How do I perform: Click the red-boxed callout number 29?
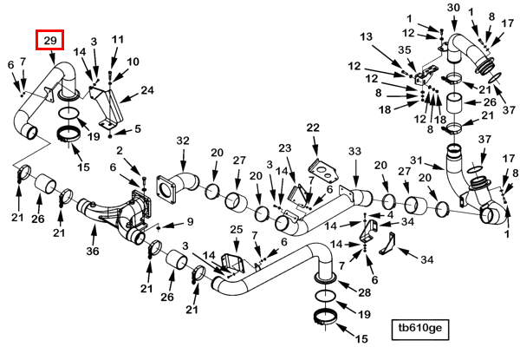pyautogui.click(x=50, y=41)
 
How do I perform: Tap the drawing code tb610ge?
pyautogui.click(x=420, y=328)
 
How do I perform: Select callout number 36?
pyautogui.click(x=93, y=251)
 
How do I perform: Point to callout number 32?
pyautogui.click(x=183, y=141)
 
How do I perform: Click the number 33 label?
pyautogui.click(x=354, y=151)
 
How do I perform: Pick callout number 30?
pyautogui.click(x=453, y=7)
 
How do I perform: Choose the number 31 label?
pyautogui.click(x=416, y=160)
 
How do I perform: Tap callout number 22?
pyautogui.click(x=313, y=128)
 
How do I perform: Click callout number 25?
pyautogui.click(x=237, y=229)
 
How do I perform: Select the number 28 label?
pyautogui.click(x=364, y=292)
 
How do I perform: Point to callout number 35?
pyautogui.click(x=405, y=49)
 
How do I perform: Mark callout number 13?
pyautogui.click(x=366, y=36)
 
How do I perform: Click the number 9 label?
pyautogui.click(x=190, y=221)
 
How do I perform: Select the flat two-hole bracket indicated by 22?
pyautogui.click(x=324, y=171)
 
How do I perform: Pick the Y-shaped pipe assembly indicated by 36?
pyautogui.click(x=114, y=216)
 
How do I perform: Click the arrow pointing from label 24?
pyautogui.click(x=128, y=97)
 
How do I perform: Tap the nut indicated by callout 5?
pyautogui.click(x=110, y=136)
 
